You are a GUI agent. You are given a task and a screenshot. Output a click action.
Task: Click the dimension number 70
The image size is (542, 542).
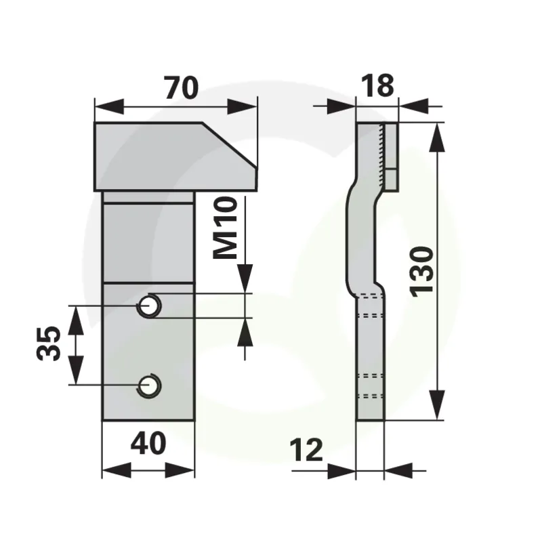[182, 88]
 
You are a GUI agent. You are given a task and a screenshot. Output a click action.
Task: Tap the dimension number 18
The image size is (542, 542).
[377, 85]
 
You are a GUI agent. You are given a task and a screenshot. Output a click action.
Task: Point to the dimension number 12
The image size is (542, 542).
[306, 450]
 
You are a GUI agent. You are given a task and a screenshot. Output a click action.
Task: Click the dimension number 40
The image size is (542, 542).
[148, 444]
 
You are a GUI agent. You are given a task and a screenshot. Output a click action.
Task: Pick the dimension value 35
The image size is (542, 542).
[48, 343]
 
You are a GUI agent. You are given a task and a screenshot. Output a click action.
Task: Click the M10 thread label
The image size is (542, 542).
[226, 228]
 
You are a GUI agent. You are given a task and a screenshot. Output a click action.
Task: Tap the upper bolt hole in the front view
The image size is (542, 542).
[149, 306]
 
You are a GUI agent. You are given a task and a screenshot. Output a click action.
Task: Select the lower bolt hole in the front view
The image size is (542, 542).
[149, 386]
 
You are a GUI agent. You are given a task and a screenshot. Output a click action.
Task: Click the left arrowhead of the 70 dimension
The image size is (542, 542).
[109, 106]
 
